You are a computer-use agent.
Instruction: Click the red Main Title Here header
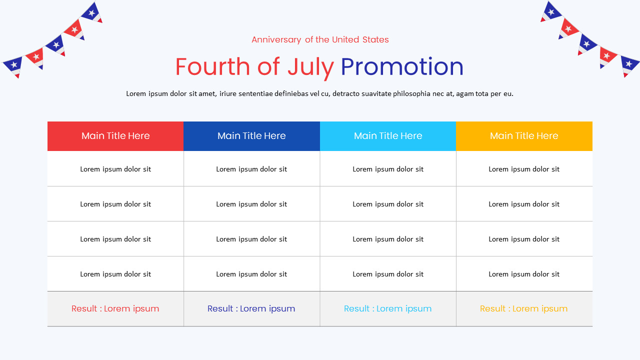coord(115,136)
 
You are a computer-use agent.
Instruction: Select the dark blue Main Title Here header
coord(251,136)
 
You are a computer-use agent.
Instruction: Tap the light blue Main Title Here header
coord(388,136)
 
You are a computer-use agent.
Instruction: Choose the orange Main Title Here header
coord(524,136)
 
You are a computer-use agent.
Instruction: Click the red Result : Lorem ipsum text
coord(115,308)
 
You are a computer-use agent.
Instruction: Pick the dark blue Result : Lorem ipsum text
coord(251,308)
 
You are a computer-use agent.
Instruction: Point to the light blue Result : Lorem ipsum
coord(388,308)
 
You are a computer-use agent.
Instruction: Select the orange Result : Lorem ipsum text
coord(524,308)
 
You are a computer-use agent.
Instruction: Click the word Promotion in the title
coord(402,67)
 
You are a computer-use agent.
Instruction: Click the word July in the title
coord(310,67)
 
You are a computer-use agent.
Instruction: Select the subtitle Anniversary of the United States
coord(320,39)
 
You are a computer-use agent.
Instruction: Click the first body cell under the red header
coord(115,169)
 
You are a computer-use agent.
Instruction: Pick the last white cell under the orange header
coord(524,274)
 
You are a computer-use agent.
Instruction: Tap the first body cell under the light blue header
coord(388,169)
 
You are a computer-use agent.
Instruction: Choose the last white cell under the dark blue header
coord(251,274)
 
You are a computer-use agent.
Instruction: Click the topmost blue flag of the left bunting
coord(91,12)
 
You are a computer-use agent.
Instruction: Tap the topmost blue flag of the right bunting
coord(551,11)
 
